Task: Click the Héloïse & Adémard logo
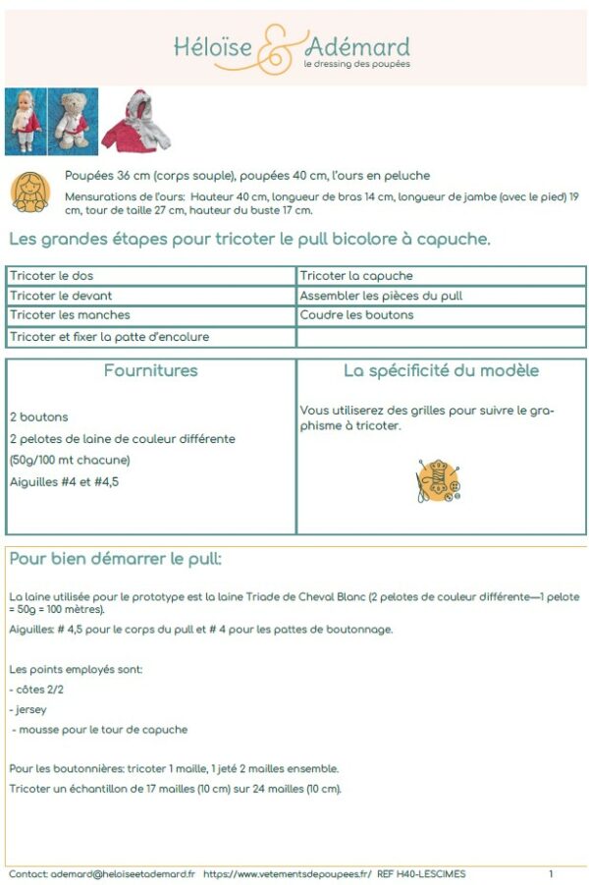(293, 48)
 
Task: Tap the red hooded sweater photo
(136, 119)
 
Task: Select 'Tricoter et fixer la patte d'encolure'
(109, 337)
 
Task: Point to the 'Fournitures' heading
(150, 371)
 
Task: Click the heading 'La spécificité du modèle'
(441, 371)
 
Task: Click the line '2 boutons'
(39, 417)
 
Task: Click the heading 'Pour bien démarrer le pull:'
(116, 560)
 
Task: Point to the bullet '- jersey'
(29, 708)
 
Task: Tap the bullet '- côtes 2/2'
(38, 689)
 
